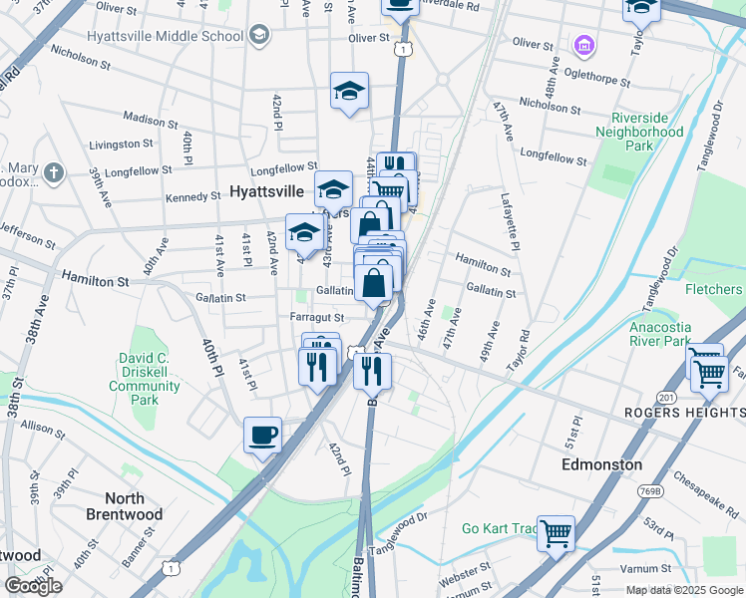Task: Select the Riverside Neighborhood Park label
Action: (x=639, y=132)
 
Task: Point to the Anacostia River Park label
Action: (x=660, y=333)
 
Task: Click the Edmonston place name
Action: (x=601, y=464)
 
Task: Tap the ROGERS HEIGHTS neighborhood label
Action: (x=683, y=413)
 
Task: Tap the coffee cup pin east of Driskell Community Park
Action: (x=262, y=435)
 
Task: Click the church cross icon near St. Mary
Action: (x=53, y=173)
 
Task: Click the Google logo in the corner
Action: (x=33, y=585)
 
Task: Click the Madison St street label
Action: (x=151, y=121)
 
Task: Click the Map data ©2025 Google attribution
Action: (x=683, y=590)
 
